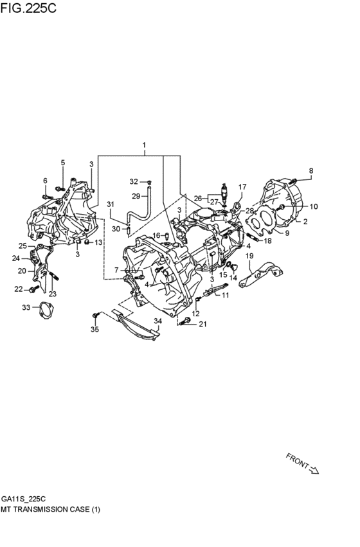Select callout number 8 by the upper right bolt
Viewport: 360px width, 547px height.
coord(310,170)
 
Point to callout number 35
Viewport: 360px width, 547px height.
coord(94,330)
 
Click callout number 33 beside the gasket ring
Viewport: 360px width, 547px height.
coord(25,307)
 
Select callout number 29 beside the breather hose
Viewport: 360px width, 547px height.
coord(136,196)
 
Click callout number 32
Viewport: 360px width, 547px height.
coord(133,181)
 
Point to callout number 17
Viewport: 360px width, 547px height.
coord(242,187)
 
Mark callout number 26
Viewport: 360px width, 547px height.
coord(197,198)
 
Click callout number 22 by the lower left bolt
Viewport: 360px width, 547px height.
coord(19,289)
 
